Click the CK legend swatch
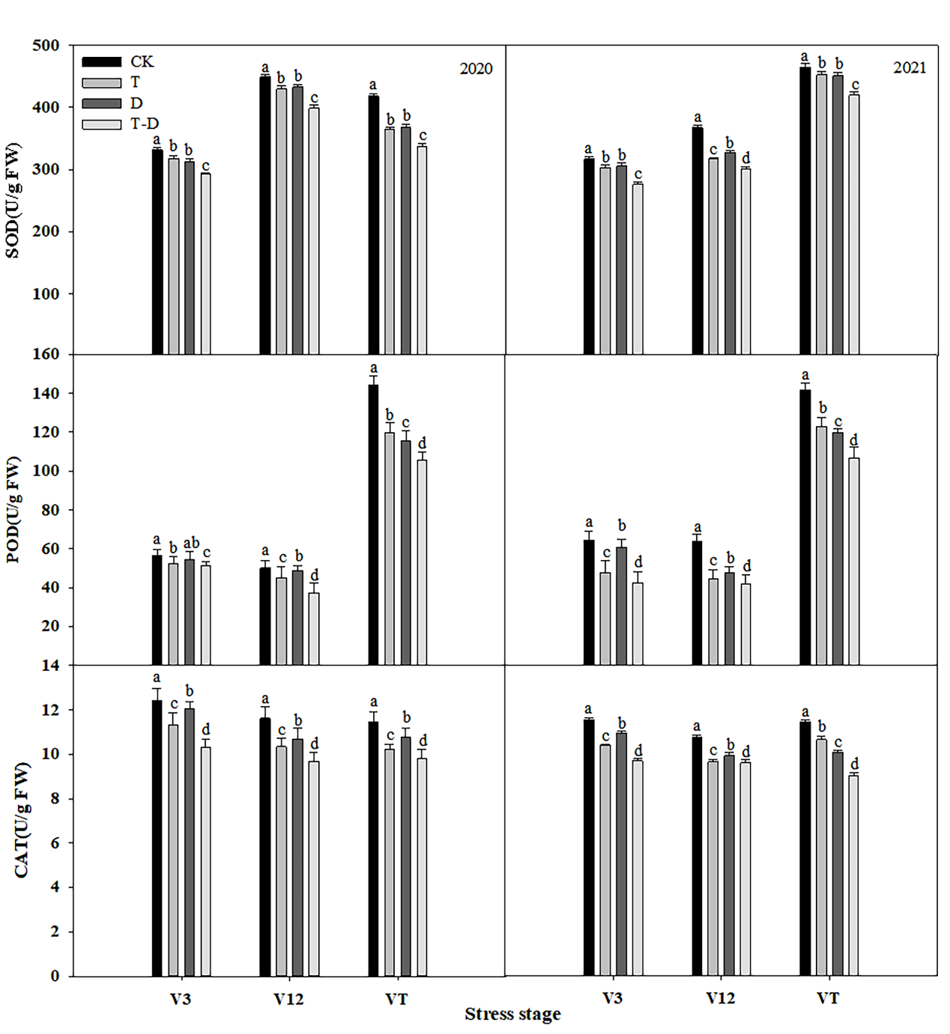click(x=101, y=61)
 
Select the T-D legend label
click(x=145, y=124)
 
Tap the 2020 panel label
click(x=476, y=69)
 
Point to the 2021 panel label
click(x=909, y=67)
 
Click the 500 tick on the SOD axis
click(x=46, y=45)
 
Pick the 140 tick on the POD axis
click(x=46, y=393)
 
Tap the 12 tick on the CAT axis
click(x=50, y=710)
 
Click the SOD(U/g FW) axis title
click(x=13, y=201)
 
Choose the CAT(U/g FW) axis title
click(x=22, y=820)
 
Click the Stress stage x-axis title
click(x=512, y=1015)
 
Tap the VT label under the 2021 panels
click(x=828, y=998)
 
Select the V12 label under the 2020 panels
click(x=288, y=999)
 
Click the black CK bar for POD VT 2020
click(x=373, y=524)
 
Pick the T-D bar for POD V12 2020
click(x=314, y=629)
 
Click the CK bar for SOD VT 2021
click(x=805, y=210)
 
